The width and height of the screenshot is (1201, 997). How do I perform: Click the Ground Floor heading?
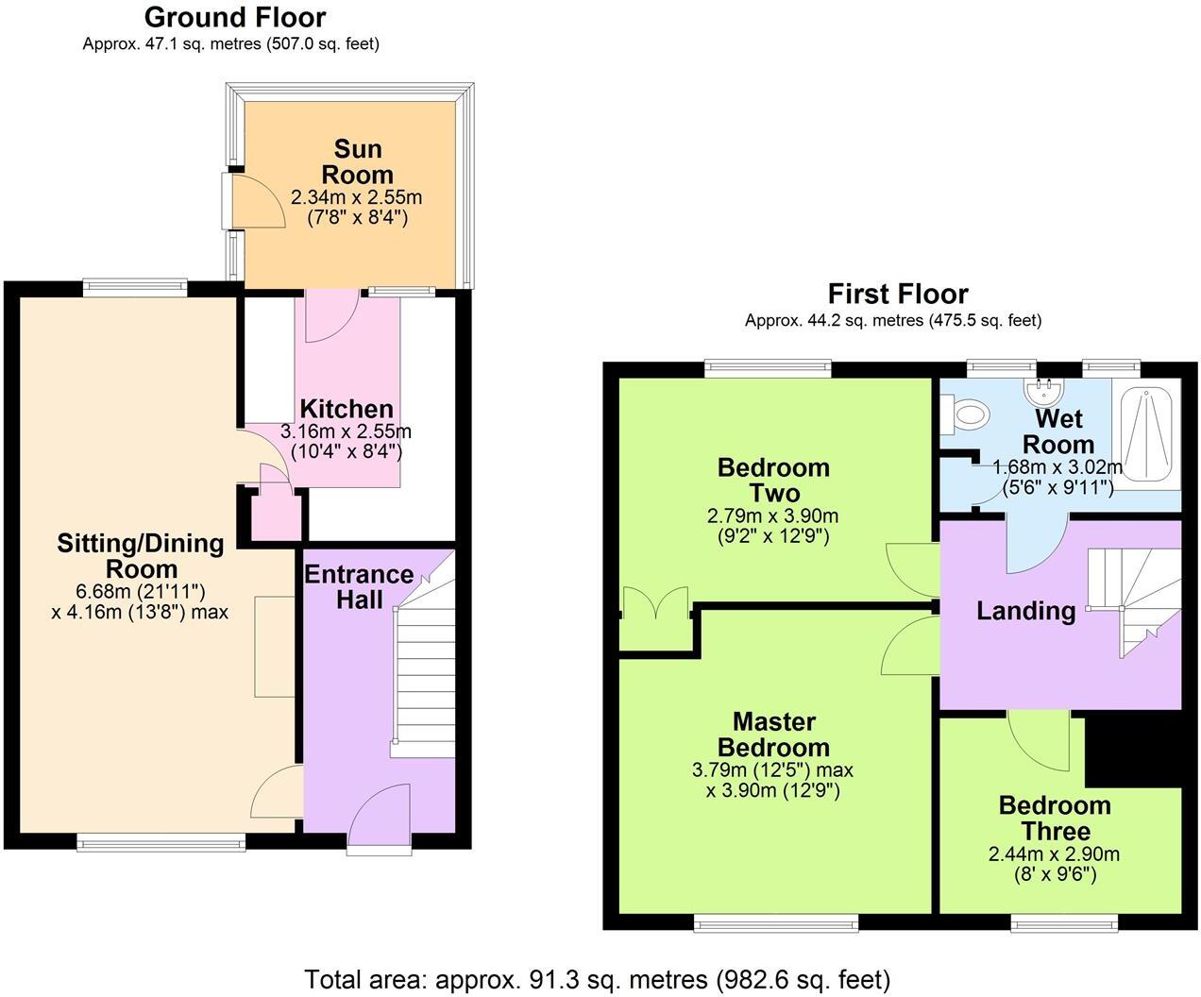pyautogui.click(x=235, y=17)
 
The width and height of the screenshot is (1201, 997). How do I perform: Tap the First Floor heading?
pyautogui.click(x=897, y=294)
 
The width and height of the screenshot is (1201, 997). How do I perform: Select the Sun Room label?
pyautogui.click(x=357, y=161)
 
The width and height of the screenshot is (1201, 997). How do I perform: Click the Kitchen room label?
pyautogui.click(x=346, y=409)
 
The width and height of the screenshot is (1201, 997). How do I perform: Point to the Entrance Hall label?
pyautogui.click(x=358, y=586)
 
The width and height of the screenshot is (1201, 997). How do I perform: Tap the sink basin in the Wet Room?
pyautogui.click(x=1044, y=390)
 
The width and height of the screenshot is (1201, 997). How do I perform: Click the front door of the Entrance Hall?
pyautogui.click(x=380, y=818)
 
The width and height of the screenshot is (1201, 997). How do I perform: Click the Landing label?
pyautogui.click(x=1025, y=611)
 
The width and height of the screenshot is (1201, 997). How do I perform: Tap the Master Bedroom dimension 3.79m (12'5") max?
pyautogui.click(x=772, y=769)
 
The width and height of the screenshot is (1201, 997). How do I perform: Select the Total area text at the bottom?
pyautogui.click(x=597, y=978)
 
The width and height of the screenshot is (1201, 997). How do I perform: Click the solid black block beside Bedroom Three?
pyautogui.click(x=1133, y=751)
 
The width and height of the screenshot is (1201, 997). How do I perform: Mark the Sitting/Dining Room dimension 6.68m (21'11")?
pyautogui.click(x=140, y=591)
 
